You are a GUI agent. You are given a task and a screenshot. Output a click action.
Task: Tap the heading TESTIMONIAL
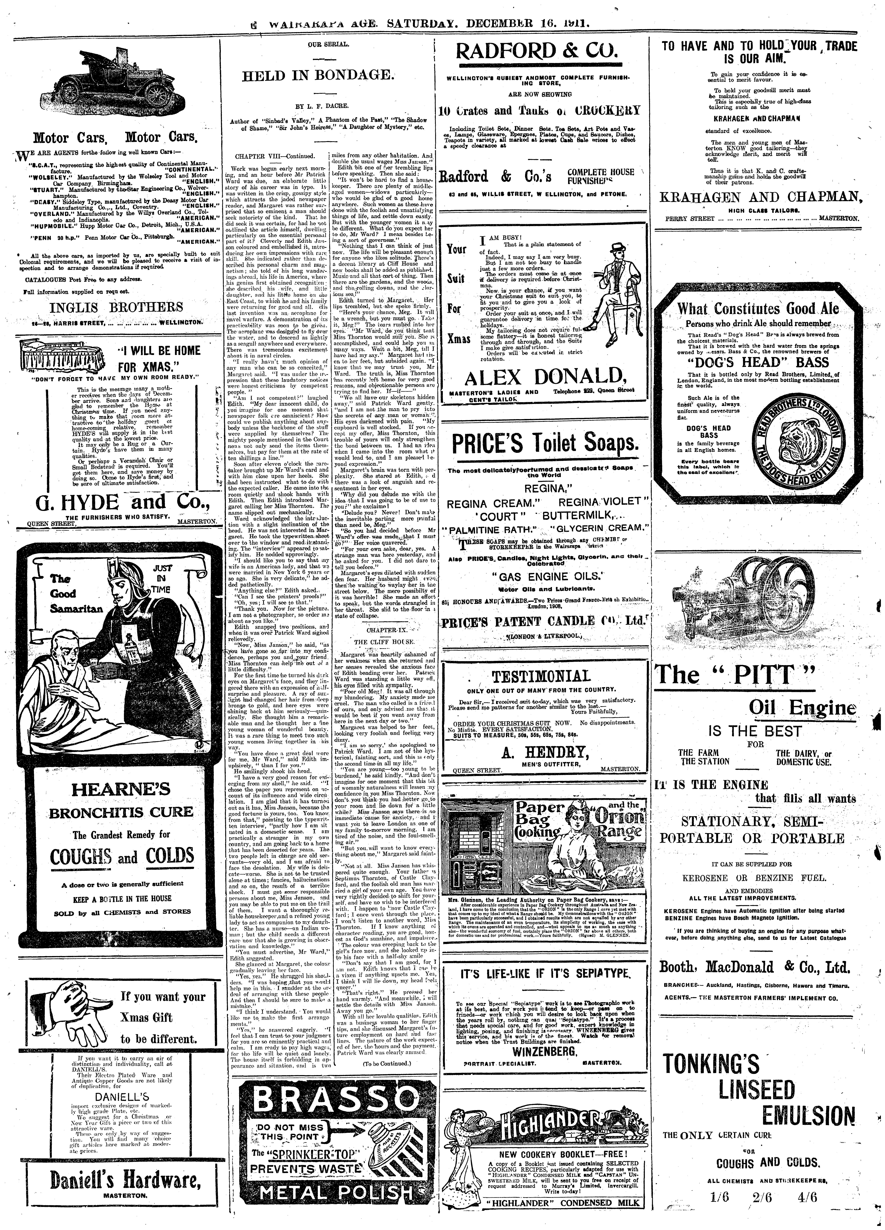(540, 677)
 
